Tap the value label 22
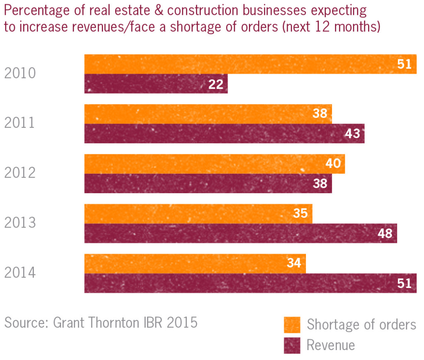(x=216, y=84)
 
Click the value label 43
(x=352, y=134)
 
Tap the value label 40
(x=333, y=163)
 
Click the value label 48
(x=385, y=234)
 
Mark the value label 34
(x=294, y=263)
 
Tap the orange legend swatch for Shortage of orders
(x=292, y=325)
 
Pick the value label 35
(x=300, y=214)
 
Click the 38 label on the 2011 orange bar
(x=320, y=113)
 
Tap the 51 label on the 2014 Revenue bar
(x=405, y=283)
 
